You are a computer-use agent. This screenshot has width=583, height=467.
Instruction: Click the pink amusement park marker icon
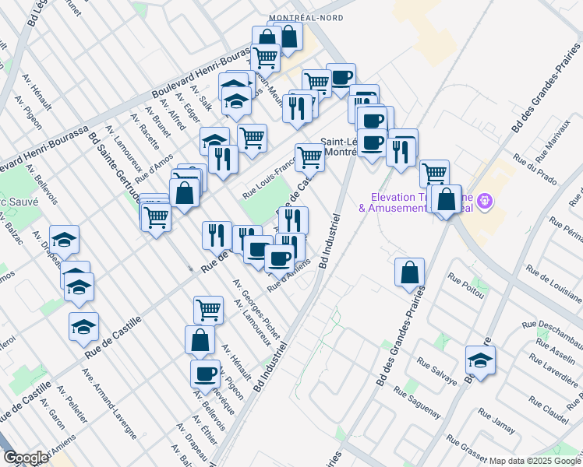(486, 202)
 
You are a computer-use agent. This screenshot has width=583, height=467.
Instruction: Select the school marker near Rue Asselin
(480, 362)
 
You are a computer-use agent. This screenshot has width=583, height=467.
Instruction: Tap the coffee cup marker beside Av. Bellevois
(205, 374)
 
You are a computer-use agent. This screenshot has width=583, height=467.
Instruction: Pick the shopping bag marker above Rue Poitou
(409, 273)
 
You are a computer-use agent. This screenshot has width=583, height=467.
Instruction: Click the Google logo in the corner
(25, 458)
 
